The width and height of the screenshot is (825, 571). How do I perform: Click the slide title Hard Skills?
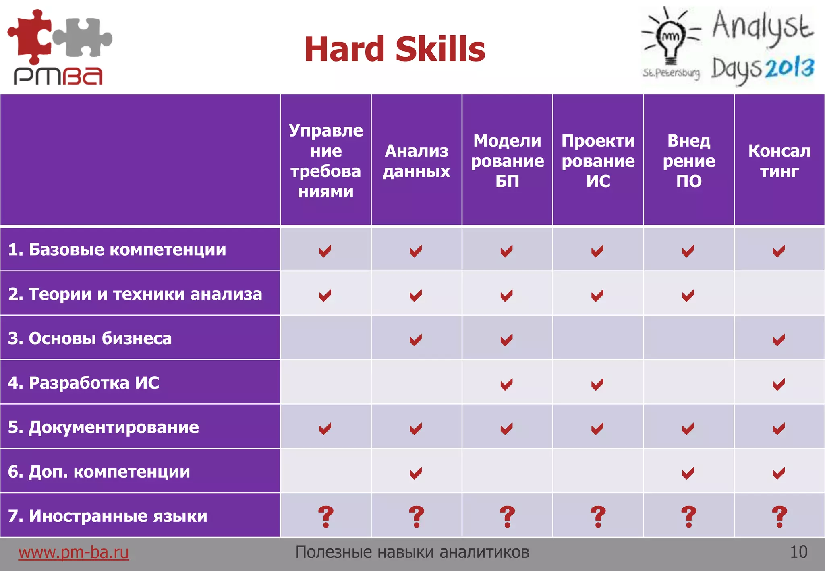coord(395,49)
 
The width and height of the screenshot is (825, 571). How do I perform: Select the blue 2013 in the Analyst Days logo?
coord(790,68)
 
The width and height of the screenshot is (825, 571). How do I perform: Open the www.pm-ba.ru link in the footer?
coord(73,552)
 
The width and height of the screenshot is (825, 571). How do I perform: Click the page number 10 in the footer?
coord(798,552)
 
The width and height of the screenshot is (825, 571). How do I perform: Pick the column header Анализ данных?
coord(417,161)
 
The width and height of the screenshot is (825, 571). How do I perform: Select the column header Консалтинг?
coord(779,161)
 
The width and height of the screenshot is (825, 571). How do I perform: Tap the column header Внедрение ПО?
coord(689,161)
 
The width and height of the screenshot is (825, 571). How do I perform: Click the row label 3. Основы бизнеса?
coord(90,338)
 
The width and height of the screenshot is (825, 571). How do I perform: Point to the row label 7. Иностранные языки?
coord(108,516)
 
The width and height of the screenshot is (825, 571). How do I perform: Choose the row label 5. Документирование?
coord(104,427)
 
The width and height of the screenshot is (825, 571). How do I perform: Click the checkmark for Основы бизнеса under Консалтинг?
coord(779,340)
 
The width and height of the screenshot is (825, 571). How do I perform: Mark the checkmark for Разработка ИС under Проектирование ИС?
coord(597,384)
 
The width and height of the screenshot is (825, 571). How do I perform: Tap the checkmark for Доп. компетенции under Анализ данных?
coord(416,473)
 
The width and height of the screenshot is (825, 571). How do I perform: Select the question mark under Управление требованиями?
coord(325,517)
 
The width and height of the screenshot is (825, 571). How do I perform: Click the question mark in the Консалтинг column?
coord(779,517)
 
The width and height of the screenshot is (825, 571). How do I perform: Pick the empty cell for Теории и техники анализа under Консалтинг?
coord(779,294)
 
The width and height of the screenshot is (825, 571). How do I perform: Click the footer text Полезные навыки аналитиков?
coord(412,552)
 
